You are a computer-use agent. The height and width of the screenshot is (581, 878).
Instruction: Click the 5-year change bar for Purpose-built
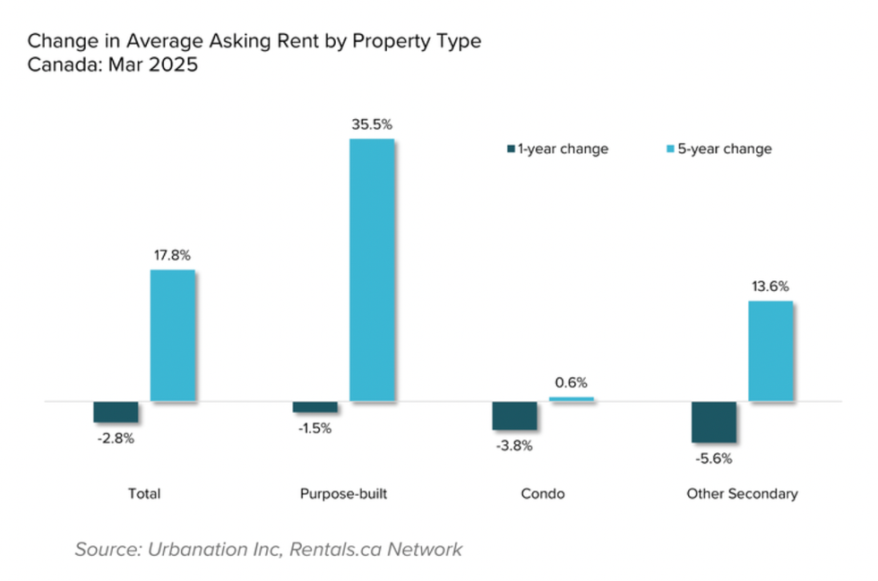pyautogui.click(x=371, y=269)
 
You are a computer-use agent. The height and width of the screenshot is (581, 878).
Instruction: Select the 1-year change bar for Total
pyautogui.click(x=116, y=412)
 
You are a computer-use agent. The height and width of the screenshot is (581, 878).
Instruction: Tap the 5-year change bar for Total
pyautogui.click(x=172, y=336)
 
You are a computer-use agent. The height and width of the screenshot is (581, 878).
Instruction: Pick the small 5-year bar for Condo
pyautogui.click(x=571, y=399)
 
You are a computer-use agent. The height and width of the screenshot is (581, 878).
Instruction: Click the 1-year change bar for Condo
pyautogui.click(x=514, y=416)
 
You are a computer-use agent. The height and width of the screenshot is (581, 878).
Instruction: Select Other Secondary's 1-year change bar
pyautogui.click(x=714, y=422)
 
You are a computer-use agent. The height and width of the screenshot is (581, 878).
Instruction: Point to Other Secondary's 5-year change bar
pyautogui.click(x=770, y=351)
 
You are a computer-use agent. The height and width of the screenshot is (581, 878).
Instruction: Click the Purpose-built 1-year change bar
pyautogui.click(x=315, y=407)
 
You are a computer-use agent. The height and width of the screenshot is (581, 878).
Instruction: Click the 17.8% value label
pyautogui.click(x=172, y=255)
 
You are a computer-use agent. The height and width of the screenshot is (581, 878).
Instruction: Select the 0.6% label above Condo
pyautogui.click(x=571, y=382)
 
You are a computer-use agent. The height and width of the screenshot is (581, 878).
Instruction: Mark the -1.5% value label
pyautogui.click(x=315, y=428)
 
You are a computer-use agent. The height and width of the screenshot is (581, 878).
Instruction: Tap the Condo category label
pyautogui.click(x=542, y=494)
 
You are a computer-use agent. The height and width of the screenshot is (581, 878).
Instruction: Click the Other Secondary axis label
pyautogui.click(x=742, y=494)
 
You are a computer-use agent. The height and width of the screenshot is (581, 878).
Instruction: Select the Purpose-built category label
pyautogui.click(x=343, y=494)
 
